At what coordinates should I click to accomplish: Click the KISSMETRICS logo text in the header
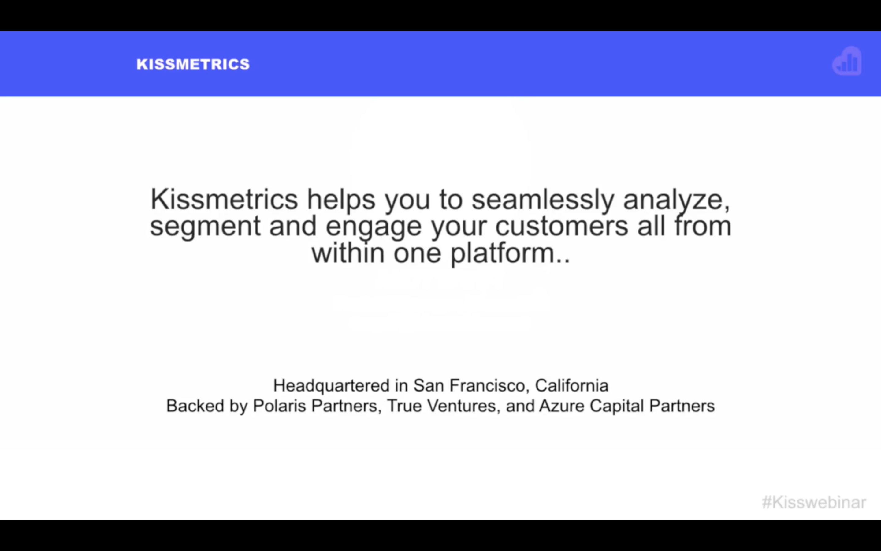(193, 65)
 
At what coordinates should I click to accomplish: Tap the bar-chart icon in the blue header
(847, 61)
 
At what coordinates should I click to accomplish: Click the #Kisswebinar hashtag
(814, 502)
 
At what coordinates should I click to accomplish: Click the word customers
(562, 227)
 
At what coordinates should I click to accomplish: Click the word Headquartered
(332, 386)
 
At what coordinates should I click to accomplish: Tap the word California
(572, 386)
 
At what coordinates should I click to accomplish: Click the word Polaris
(280, 406)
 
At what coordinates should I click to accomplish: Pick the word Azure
(562, 406)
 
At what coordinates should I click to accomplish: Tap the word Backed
(195, 406)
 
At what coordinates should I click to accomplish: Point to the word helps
(341, 200)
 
